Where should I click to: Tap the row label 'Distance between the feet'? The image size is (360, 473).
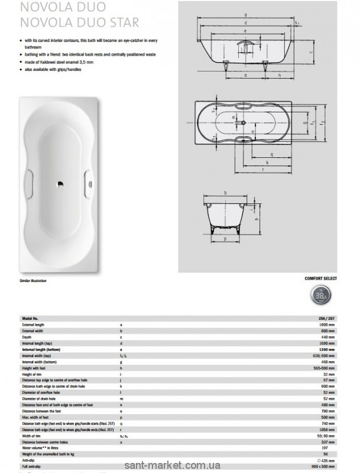40,410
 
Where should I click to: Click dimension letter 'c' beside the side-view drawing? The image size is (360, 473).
311,51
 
